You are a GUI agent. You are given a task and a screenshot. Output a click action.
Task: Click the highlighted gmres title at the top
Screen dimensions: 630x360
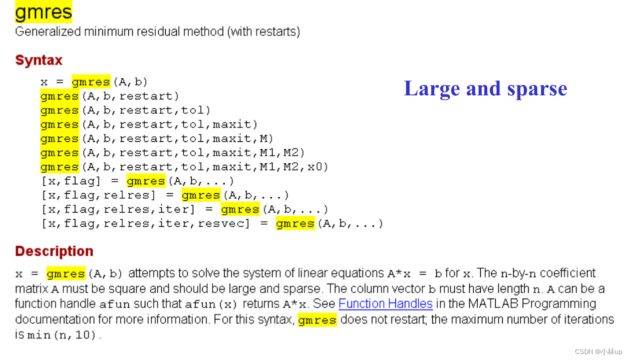pos(43,12)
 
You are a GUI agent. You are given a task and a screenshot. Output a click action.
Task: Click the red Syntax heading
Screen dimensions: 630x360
pos(39,60)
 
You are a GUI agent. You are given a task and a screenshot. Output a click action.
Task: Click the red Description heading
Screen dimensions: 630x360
pos(54,251)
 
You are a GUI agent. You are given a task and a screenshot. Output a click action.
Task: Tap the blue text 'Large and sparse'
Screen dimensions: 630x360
pos(485,89)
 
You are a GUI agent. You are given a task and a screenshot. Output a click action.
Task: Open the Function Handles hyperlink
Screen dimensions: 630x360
pos(385,304)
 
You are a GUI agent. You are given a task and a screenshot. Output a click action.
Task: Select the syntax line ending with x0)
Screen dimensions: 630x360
pos(184,167)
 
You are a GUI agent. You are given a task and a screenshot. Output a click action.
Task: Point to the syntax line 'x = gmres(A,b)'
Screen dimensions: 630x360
pos(94,81)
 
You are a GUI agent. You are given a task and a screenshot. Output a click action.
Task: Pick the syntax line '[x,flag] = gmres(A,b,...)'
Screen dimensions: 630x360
pos(137,181)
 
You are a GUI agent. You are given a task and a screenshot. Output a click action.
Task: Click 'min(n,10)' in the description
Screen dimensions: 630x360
pos(62,336)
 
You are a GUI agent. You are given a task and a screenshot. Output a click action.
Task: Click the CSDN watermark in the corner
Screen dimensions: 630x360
pos(598,352)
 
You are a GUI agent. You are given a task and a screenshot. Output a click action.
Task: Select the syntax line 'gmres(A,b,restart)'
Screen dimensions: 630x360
pos(109,96)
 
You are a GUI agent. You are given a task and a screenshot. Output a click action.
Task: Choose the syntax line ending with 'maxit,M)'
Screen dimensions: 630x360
pos(157,138)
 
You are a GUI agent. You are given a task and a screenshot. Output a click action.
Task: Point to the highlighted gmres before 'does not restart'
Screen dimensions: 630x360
pos(317,320)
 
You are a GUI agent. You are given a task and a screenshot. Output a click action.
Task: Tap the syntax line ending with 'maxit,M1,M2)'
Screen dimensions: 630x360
pos(172,152)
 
